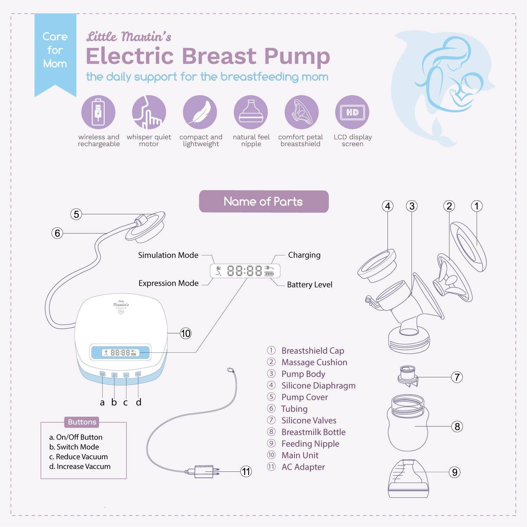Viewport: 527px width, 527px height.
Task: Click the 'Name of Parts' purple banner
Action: click(263, 201)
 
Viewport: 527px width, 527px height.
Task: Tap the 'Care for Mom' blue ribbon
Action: click(55, 51)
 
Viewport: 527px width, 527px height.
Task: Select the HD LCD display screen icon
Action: click(352, 112)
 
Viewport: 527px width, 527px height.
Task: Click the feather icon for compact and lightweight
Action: click(200, 112)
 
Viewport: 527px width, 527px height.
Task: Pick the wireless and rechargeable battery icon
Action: click(98, 112)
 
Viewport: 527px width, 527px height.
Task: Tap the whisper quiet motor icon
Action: click(149, 112)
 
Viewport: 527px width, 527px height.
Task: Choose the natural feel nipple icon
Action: click(251, 112)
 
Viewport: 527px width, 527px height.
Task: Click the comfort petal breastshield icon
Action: click(301, 112)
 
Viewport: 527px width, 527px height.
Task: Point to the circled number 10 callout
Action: click(186, 333)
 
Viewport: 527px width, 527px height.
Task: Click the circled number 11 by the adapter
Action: click(246, 471)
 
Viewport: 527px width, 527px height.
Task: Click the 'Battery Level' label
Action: click(310, 285)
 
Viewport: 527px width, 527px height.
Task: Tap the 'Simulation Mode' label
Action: click(168, 255)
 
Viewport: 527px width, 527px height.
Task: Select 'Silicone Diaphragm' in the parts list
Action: click(318, 385)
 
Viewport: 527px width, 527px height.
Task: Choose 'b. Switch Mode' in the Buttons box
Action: click(74, 447)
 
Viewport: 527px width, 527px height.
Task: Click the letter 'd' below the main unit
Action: click(138, 402)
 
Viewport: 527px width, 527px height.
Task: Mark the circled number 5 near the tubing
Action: click(76, 214)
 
